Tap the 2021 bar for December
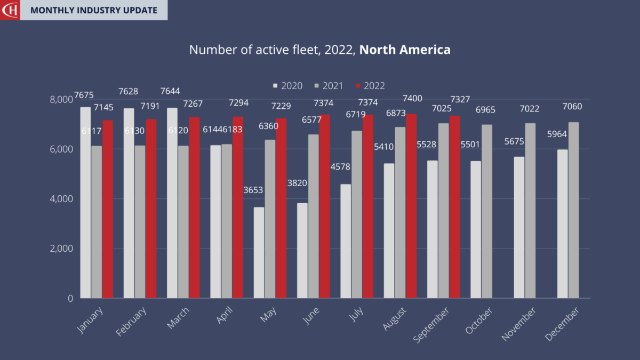tap(573, 210)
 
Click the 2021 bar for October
tap(487, 211)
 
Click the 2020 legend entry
tap(288, 85)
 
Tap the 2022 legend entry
tap(370, 85)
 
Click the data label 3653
tap(253, 190)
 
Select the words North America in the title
tap(405, 50)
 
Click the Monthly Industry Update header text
tap(94, 10)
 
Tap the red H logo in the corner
tap(10, 10)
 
